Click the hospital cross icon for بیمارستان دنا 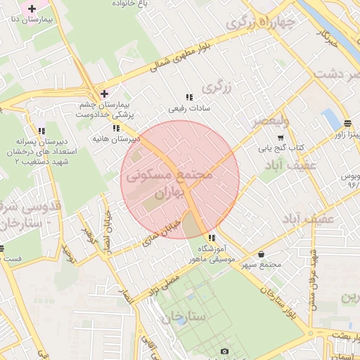[32, 8]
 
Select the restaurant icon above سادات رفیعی [188, 97]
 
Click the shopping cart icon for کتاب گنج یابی [281, 137]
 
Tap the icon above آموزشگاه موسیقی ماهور [212, 238]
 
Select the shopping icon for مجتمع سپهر [262, 254]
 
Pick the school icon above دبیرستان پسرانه [42, 130]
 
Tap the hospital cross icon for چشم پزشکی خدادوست [104, 93]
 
